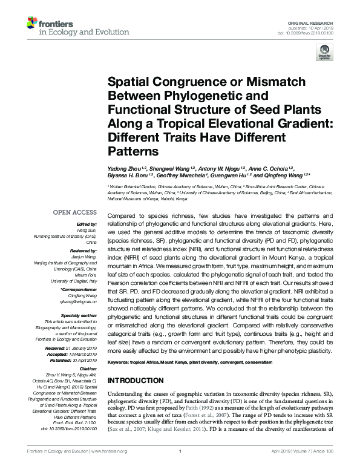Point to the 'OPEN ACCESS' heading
click(x=74, y=212)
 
